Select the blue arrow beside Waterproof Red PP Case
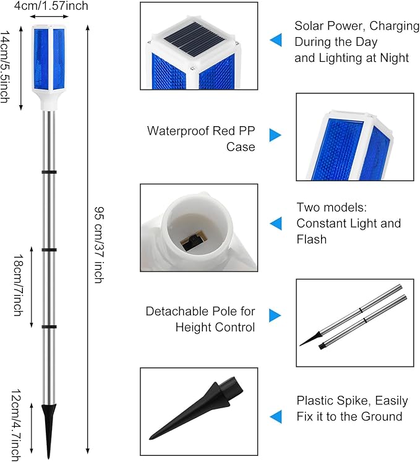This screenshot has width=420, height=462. point(275,135)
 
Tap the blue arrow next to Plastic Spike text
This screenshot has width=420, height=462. point(275,415)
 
